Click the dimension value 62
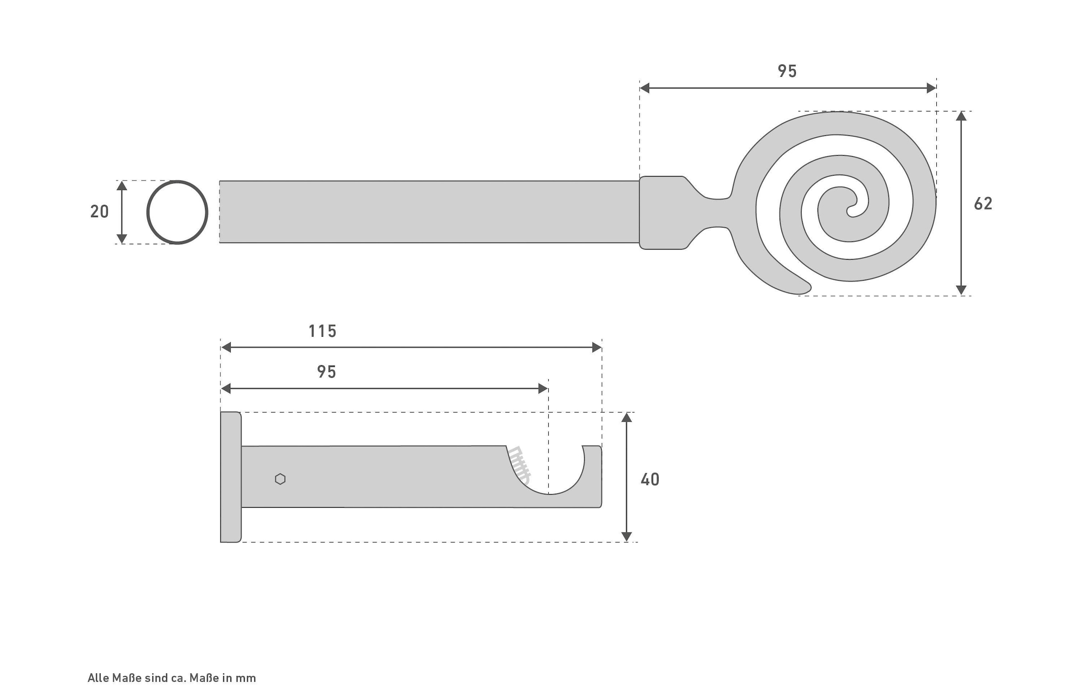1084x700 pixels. click(982, 204)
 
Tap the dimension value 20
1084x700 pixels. click(99, 211)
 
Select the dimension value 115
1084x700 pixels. click(322, 331)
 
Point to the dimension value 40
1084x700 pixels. click(649, 479)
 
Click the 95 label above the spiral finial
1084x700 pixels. click(787, 71)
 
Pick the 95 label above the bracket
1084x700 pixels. click(326, 372)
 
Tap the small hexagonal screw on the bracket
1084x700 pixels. click(280, 479)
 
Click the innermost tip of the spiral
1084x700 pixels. click(849, 212)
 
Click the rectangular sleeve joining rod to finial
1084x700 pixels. click(662, 212)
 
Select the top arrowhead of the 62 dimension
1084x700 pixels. click(961, 116)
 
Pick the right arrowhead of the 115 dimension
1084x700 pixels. click(597, 348)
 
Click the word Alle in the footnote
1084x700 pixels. click(98, 678)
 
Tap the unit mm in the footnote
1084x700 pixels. click(246, 678)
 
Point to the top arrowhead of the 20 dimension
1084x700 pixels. click(121, 185)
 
